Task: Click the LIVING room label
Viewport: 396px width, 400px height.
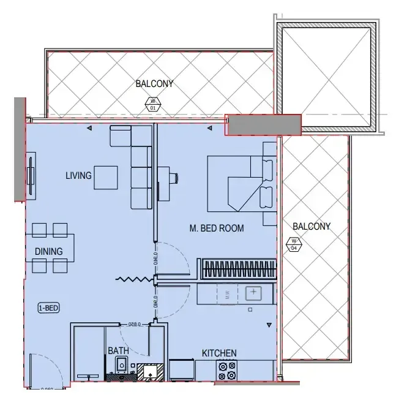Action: click(78, 176)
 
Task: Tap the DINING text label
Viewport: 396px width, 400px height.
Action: click(48, 251)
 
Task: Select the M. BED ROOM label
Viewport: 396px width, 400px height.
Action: click(216, 228)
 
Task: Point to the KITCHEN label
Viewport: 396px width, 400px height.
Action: click(219, 353)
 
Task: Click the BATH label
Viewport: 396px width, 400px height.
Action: click(118, 351)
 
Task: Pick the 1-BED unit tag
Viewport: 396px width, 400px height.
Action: click(48, 308)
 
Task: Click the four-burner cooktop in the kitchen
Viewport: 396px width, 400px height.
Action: click(227, 370)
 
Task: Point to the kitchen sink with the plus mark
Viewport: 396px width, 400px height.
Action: click(253, 293)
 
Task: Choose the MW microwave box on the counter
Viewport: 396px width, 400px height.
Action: click(226, 293)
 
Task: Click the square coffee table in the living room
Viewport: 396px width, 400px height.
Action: click(106, 178)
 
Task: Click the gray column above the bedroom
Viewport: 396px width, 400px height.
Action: click(263, 124)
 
